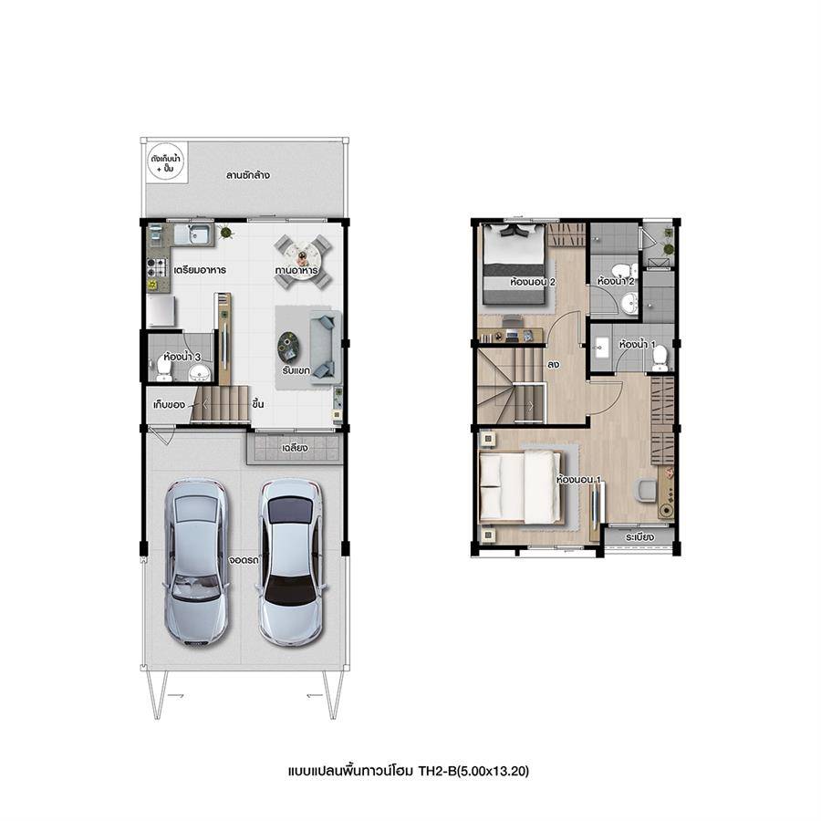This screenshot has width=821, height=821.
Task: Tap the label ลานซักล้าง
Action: (x=247, y=175)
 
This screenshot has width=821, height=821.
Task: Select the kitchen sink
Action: (x=192, y=234)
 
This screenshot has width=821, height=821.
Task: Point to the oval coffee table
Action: (x=288, y=348)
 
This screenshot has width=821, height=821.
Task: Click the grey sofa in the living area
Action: (x=324, y=347)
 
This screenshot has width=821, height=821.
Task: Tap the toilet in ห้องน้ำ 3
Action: (x=164, y=370)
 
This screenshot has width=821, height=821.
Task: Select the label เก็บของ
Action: (x=169, y=405)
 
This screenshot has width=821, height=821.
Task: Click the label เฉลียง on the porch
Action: (x=295, y=448)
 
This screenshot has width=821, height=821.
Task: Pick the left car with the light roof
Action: (x=196, y=560)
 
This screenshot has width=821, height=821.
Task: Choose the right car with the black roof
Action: (x=292, y=562)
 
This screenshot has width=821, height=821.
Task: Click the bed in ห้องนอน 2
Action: (x=514, y=264)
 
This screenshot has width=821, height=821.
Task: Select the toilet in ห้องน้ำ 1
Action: (x=660, y=357)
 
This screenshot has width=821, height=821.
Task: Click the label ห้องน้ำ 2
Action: (x=616, y=281)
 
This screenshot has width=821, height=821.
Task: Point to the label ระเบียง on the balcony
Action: (x=639, y=537)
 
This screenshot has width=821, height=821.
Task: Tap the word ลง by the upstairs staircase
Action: (x=554, y=364)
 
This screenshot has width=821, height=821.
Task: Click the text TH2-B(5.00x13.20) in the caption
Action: (x=473, y=771)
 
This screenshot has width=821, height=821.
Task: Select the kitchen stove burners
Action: (x=156, y=267)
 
